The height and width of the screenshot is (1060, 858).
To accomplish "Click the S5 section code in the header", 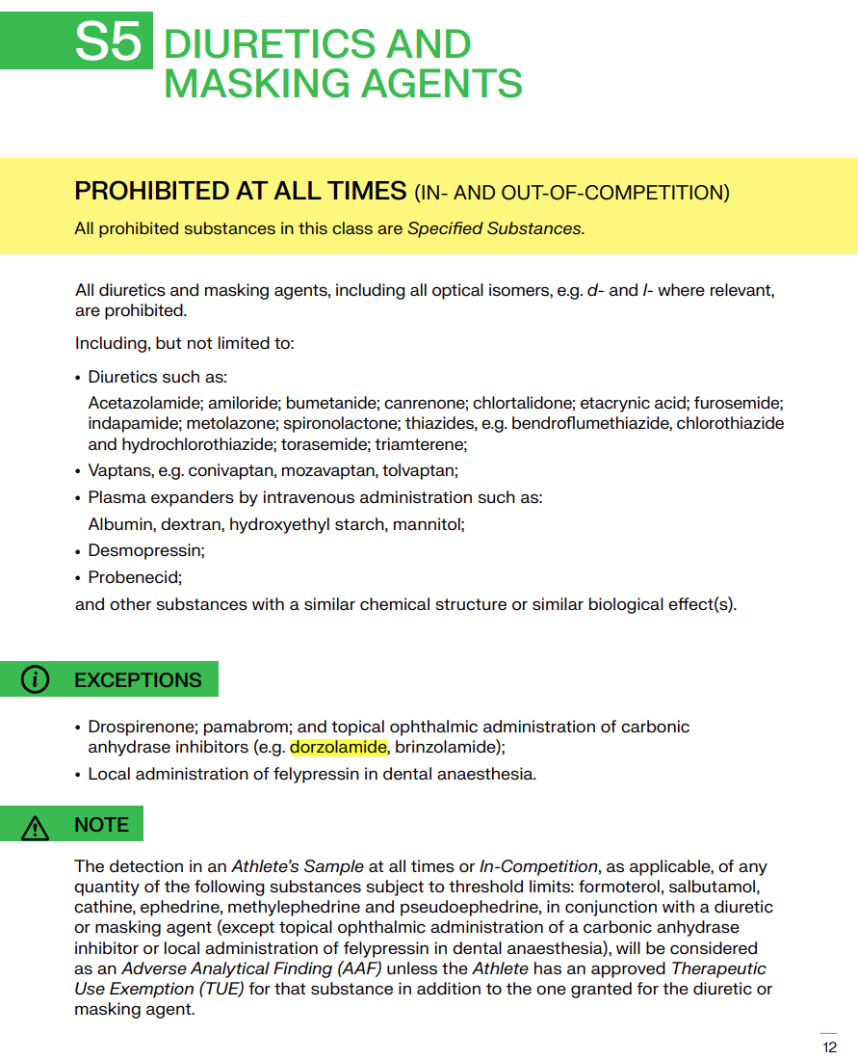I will [110, 42].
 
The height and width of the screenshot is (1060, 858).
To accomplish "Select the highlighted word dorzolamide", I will [339, 747].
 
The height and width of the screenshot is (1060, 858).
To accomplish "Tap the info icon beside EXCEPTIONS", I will [36, 679].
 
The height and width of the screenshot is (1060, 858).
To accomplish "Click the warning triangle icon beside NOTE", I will [36, 826].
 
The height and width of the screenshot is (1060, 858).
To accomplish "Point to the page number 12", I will [829, 1047].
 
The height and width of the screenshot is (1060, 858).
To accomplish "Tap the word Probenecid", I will [134, 577].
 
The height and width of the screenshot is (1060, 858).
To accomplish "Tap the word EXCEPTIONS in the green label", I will [138, 679].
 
